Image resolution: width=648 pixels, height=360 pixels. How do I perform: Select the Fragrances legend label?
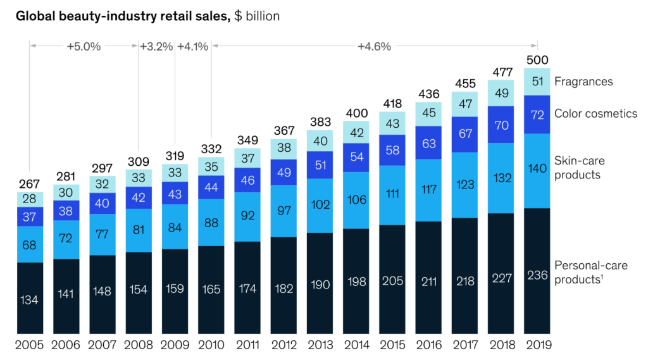point(583,81)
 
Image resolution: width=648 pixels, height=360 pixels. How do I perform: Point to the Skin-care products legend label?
point(578,168)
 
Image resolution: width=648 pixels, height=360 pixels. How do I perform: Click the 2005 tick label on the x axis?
point(30,345)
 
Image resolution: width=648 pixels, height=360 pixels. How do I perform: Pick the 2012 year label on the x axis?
point(283,345)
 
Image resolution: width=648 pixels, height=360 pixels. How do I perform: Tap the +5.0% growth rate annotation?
point(84,46)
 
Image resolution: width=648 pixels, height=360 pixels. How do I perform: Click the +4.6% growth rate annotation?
point(374,46)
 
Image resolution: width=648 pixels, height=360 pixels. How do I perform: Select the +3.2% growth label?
point(156,46)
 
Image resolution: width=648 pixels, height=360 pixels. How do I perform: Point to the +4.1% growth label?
point(193,46)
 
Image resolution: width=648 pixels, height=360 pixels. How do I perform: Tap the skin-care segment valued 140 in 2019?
point(537,170)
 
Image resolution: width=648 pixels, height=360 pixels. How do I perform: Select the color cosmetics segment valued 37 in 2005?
point(30,216)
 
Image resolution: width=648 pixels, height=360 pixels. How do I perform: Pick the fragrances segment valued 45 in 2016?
point(428,113)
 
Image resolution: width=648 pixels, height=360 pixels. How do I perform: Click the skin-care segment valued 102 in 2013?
point(320,205)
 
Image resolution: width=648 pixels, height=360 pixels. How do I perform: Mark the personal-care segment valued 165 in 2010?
point(211,290)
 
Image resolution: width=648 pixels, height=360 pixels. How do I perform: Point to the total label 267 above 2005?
point(30,183)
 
